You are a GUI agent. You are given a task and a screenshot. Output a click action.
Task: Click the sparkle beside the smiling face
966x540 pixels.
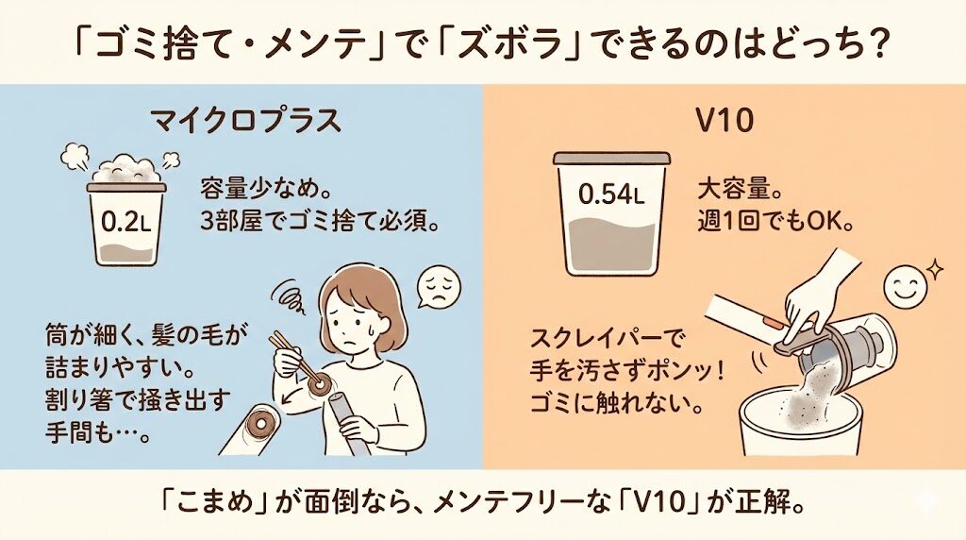[936, 266]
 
